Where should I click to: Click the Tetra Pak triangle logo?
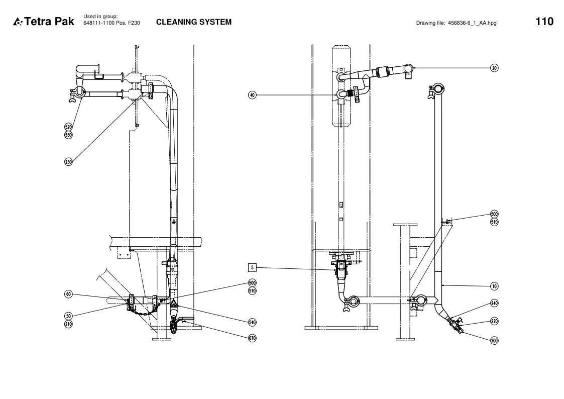pyautogui.click(x=18, y=22)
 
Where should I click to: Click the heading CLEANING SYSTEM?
pyautogui.click(x=194, y=22)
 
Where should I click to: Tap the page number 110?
pyautogui.click(x=544, y=22)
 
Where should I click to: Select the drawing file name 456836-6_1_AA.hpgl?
pyautogui.click(x=473, y=23)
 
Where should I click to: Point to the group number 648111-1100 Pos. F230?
pyautogui.click(x=111, y=23)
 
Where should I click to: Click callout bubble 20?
pyautogui.click(x=495, y=68)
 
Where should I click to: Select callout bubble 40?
pyautogui.click(x=252, y=95)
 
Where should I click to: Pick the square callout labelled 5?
pyautogui.click(x=252, y=268)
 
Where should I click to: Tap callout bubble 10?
pyautogui.click(x=495, y=286)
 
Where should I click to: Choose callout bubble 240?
pyautogui.click(x=495, y=304)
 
